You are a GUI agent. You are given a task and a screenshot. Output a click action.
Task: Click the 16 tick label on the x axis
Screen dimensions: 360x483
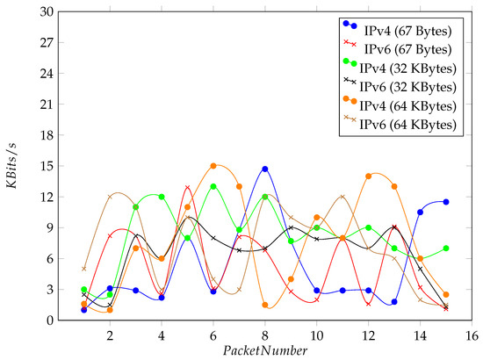click(472, 335)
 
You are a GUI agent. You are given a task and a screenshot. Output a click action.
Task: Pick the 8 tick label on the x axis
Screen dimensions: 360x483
click(264, 335)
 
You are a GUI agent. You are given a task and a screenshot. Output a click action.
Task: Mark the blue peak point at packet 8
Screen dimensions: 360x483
click(264, 169)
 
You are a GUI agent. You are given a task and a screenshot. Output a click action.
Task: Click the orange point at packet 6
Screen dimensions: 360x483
click(213, 166)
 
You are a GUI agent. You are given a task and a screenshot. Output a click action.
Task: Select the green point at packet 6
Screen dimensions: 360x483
click(213, 186)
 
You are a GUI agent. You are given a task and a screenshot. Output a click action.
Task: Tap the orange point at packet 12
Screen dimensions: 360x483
click(369, 176)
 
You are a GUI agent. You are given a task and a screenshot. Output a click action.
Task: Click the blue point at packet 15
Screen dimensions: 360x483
click(446, 202)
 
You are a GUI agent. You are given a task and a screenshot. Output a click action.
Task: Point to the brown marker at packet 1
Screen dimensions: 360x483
click(83, 269)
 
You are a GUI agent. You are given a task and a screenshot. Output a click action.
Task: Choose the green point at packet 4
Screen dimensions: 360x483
click(162, 197)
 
